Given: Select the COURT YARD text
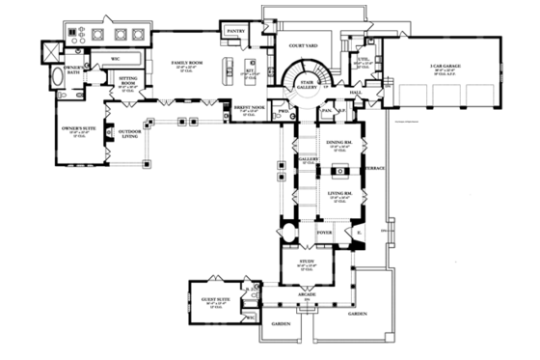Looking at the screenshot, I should click(290, 44).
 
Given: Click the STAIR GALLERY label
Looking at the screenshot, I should click(308, 85).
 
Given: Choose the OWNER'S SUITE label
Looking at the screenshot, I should click(75, 128).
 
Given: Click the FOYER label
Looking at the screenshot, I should click(324, 232).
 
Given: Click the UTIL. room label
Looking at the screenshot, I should click(364, 58).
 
